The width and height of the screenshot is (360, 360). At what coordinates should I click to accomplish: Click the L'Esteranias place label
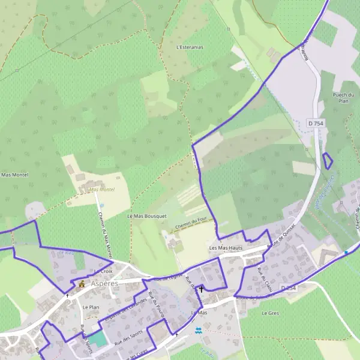click(190, 46)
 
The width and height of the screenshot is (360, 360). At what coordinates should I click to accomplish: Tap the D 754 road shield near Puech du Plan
click(315, 123)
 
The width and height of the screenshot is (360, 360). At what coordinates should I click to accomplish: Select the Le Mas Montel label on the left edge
click(14, 175)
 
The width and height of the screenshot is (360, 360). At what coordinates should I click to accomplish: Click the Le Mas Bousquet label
click(146, 215)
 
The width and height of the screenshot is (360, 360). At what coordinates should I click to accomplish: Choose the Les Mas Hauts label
click(226, 248)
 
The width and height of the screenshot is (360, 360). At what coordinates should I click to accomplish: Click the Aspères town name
click(104, 283)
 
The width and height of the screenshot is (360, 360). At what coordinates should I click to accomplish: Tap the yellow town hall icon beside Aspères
click(82, 283)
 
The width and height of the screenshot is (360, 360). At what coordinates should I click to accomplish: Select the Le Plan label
click(91, 307)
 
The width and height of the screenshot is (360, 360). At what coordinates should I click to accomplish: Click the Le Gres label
click(271, 313)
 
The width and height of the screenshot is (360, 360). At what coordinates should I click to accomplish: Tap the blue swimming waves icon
click(199, 330)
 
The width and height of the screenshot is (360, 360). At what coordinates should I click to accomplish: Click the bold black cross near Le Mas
click(201, 289)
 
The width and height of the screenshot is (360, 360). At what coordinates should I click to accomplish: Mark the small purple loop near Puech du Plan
click(328, 161)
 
